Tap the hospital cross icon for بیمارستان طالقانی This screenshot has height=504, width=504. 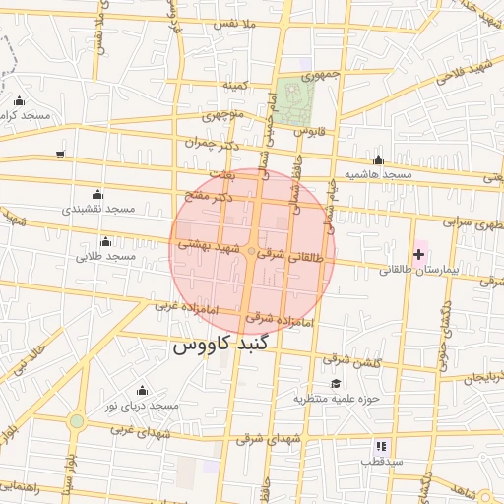coord(418,254)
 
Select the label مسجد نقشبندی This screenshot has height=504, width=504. coord(98,210)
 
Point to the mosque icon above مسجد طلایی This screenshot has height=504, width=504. coord(105,241)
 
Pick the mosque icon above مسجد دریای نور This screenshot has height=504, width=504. coord(142,391)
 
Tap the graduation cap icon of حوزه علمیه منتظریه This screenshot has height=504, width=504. coord(335,384)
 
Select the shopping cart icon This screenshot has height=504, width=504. coord(60,155)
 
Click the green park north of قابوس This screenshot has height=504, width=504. coord(293,99)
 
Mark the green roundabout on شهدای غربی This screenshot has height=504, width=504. coord(76,421)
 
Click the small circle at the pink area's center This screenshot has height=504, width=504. coord(251,253)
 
